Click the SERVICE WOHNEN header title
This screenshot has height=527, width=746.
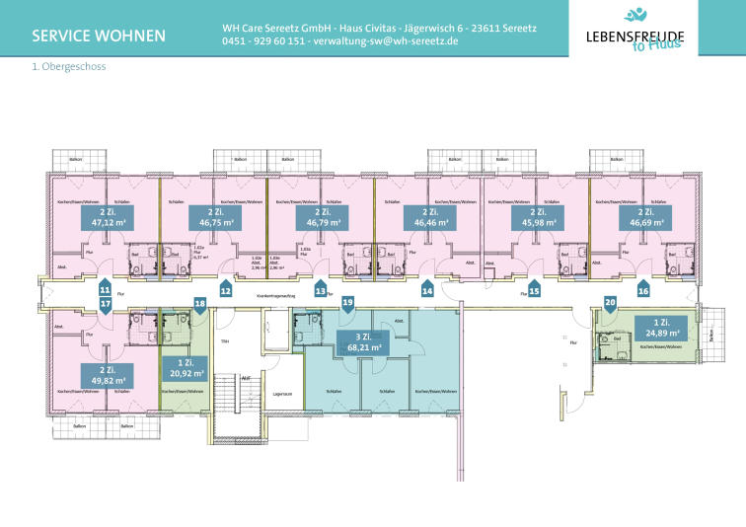tap(99, 38)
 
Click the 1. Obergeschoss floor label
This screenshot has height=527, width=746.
tap(69, 68)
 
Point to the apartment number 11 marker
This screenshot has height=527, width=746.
tap(104, 289)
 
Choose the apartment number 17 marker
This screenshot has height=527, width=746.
tap(104, 306)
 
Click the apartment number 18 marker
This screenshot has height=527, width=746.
tap(200, 305)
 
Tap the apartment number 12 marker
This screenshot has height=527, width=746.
tap(225, 290)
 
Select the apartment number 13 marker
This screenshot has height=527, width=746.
tap(320, 290)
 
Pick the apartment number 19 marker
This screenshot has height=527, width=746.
tap(347, 305)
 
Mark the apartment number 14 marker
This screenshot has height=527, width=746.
tap(427, 290)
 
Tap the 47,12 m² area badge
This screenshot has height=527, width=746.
tap(112, 218)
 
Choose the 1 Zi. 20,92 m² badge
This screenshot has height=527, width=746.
tap(184, 369)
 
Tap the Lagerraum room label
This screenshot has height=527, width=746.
tap(283, 393)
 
